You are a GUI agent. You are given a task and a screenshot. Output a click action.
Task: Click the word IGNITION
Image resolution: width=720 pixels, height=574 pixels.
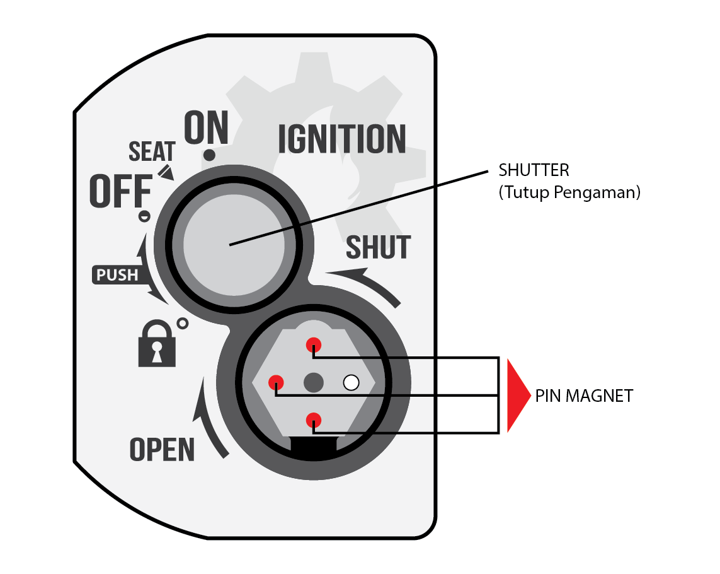pyautogui.click(x=342, y=138)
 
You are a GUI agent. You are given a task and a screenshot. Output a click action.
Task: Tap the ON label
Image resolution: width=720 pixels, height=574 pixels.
pyautogui.click(x=206, y=127)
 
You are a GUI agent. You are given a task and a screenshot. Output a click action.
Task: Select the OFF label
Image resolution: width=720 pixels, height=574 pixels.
pyautogui.click(x=121, y=191)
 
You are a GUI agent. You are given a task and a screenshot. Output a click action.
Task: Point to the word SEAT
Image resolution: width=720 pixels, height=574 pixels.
pyautogui.click(x=152, y=151)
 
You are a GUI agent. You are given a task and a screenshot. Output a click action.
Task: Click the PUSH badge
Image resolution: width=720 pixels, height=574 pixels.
pyautogui.click(x=118, y=274)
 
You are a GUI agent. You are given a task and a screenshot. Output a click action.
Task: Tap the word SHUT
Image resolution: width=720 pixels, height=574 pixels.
pyautogui.click(x=378, y=247)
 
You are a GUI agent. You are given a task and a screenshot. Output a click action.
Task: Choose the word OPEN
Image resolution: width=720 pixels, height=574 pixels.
pyautogui.click(x=162, y=449)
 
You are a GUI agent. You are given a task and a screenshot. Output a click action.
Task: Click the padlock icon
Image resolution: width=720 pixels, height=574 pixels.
pyautogui.click(x=157, y=344)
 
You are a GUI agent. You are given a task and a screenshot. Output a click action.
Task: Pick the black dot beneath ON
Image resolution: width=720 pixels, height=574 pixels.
pyautogui.click(x=209, y=155)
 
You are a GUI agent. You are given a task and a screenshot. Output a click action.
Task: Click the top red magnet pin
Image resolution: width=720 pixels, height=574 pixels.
pyautogui.click(x=314, y=345)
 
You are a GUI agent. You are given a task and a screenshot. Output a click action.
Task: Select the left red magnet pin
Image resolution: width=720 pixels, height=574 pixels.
pyautogui.click(x=276, y=382)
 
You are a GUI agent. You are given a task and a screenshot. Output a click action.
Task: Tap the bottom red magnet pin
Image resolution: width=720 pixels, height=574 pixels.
pyautogui.click(x=314, y=420)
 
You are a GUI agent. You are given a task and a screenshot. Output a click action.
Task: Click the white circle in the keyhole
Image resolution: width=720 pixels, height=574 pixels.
pyautogui.click(x=351, y=383)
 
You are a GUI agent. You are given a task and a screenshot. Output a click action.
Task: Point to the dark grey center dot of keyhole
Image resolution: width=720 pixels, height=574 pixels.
pyautogui.click(x=314, y=383)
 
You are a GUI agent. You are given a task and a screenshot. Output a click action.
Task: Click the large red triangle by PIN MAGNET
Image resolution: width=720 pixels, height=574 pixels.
pyautogui.click(x=518, y=395)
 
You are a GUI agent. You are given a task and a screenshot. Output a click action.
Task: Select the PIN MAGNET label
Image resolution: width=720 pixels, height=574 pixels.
pyautogui.click(x=584, y=396)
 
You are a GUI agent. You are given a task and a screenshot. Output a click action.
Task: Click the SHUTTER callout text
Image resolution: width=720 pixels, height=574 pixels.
pyautogui.click(x=534, y=171)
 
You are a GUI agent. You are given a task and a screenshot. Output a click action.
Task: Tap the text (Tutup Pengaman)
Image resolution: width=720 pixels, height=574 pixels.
pyautogui.click(x=569, y=192)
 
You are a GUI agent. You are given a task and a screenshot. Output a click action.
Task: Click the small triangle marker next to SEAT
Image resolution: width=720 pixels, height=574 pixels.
pyautogui.click(x=166, y=172)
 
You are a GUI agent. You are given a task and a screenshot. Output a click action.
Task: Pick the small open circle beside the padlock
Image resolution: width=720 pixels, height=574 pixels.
pyautogui.click(x=182, y=324)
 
